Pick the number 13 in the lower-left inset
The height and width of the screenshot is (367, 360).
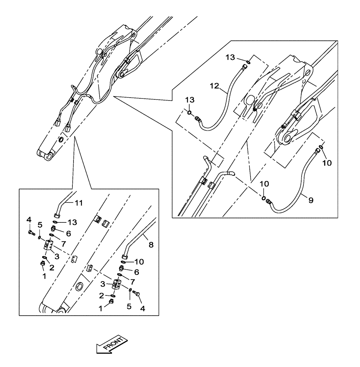(x=72, y=222)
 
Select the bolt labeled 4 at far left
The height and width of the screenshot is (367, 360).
(x=31, y=232)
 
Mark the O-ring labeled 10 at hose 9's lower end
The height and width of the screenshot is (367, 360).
(x=264, y=198)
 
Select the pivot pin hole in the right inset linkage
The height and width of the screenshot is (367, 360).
(x=288, y=138)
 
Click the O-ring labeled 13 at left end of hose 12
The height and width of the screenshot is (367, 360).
(x=189, y=112)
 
